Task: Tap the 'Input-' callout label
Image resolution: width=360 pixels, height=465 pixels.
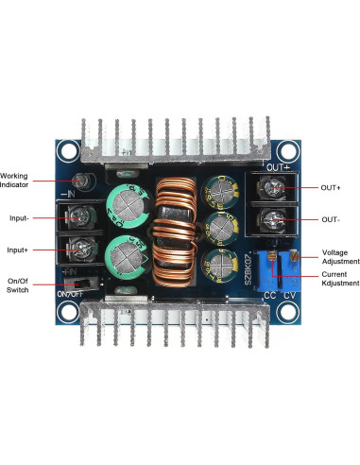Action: point(19,217)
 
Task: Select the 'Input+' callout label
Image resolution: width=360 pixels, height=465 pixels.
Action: point(19,250)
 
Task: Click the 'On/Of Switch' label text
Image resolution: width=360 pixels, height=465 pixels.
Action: point(18,285)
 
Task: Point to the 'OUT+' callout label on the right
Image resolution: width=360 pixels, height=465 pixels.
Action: point(331,188)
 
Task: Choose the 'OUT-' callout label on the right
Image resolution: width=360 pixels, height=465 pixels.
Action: point(330,219)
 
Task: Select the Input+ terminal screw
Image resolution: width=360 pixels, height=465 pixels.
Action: point(83,250)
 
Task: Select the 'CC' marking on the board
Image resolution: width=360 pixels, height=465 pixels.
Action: point(269,295)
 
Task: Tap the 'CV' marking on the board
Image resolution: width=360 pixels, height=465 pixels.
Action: point(291,295)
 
